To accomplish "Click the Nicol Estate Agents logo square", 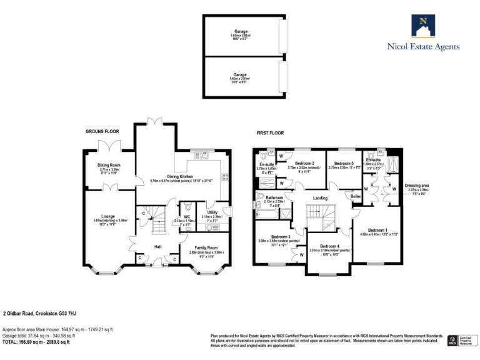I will click(423, 26).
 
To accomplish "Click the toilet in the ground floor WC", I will click(188, 228).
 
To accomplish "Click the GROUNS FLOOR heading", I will click(102, 131).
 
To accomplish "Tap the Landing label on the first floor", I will click(320, 198).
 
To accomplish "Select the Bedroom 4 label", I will click(329, 247).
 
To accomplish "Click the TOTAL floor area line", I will click(36, 342).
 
